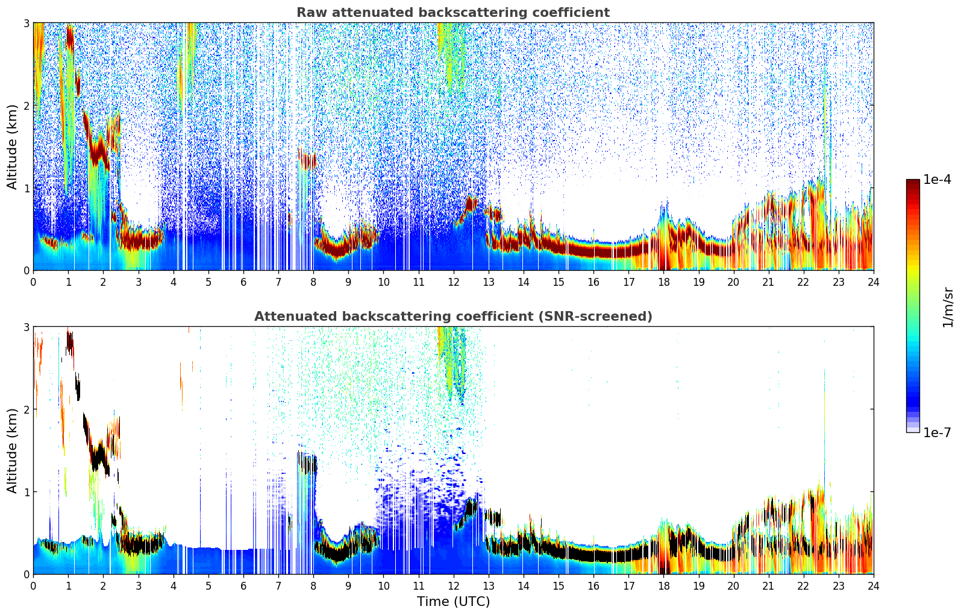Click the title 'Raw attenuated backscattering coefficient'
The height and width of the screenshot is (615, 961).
(x=452, y=13)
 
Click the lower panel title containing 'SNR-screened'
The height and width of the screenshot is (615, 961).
(x=452, y=317)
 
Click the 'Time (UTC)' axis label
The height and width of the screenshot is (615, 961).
(x=453, y=602)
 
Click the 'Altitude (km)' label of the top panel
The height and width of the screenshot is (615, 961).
(x=12, y=147)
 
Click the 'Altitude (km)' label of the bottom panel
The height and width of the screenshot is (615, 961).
(x=12, y=450)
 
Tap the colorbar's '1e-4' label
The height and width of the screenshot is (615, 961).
(x=937, y=180)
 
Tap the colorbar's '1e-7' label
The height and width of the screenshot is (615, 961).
(x=937, y=432)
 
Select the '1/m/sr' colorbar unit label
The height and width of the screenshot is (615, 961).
(x=948, y=306)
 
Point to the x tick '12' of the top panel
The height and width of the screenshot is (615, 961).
(x=453, y=282)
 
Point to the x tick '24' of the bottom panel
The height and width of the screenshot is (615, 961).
(x=873, y=585)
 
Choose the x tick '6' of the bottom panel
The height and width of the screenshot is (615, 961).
(x=243, y=585)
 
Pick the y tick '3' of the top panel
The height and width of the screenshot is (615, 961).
(x=26, y=23)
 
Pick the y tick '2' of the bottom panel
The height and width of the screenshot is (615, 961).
(x=26, y=409)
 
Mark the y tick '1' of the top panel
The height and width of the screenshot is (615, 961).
(x=26, y=188)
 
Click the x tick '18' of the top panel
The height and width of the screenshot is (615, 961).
(x=663, y=282)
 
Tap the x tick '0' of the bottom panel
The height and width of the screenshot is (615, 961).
(x=33, y=585)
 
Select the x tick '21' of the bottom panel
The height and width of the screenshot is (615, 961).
(x=768, y=585)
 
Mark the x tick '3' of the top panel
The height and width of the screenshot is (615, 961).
(x=139, y=282)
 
